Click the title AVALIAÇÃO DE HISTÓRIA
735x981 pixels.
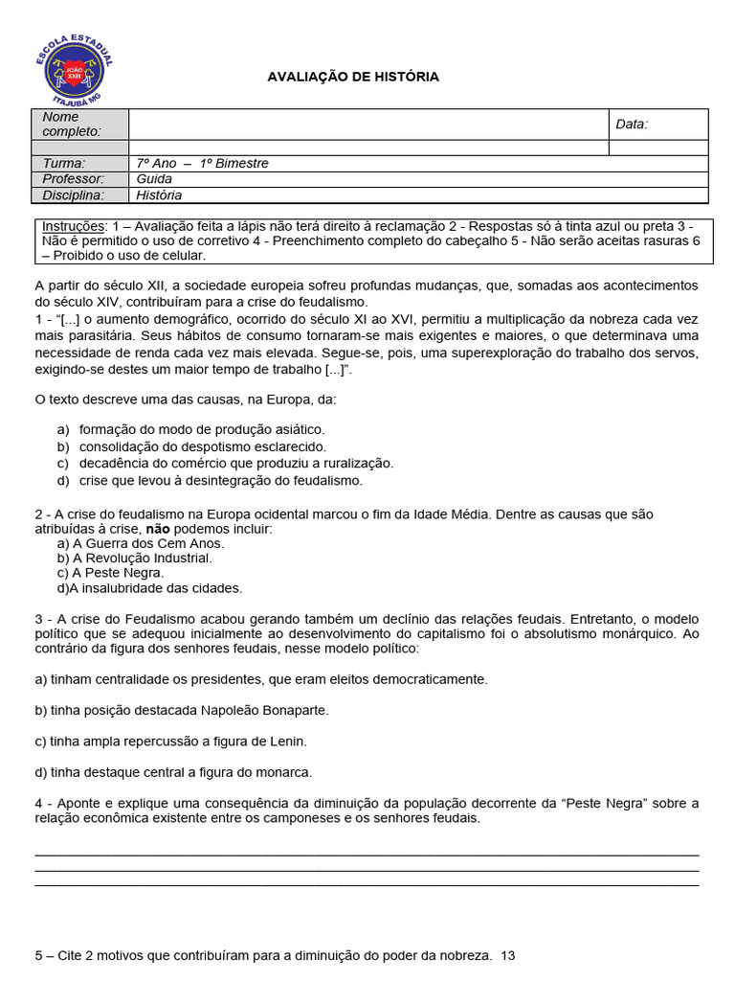[x=352, y=77]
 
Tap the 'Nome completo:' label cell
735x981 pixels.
[x=80, y=124]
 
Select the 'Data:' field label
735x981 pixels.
[x=632, y=124]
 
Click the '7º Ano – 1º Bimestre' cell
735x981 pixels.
[x=203, y=163]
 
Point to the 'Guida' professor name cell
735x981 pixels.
[x=154, y=179]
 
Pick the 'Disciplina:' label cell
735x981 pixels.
[x=73, y=195]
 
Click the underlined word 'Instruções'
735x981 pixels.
[x=73, y=225]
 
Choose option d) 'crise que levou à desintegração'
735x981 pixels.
[x=220, y=480]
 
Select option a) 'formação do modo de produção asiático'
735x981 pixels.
[x=201, y=429]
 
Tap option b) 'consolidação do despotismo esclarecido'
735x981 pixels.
[x=202, y=446]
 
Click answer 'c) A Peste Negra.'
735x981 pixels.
[x=110, y=573]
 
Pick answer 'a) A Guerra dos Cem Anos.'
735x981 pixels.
[x=141, y=543]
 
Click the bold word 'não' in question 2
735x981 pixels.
[x=155, y=529]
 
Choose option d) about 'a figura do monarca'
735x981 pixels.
[x=173, y=771]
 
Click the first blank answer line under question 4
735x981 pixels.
[x=367, y=855]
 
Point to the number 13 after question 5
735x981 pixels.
[x=508, y=955]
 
